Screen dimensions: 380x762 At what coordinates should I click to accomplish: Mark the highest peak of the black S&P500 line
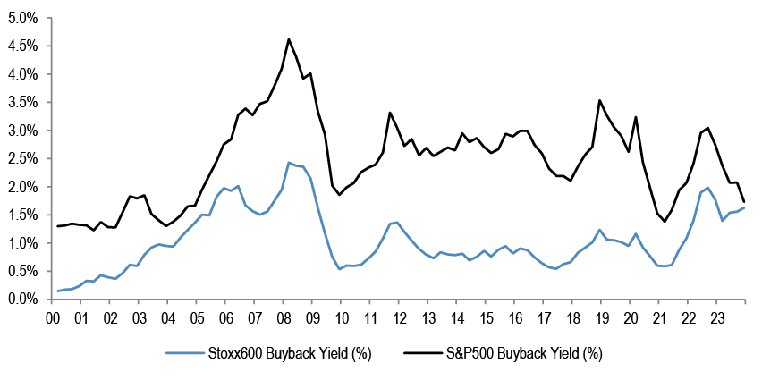(289, 39)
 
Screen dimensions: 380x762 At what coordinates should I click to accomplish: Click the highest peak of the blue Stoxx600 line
(289, 162)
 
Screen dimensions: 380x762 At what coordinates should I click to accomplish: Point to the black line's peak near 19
(599, 100)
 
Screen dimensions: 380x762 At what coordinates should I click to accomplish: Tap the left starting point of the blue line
(58, 291)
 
